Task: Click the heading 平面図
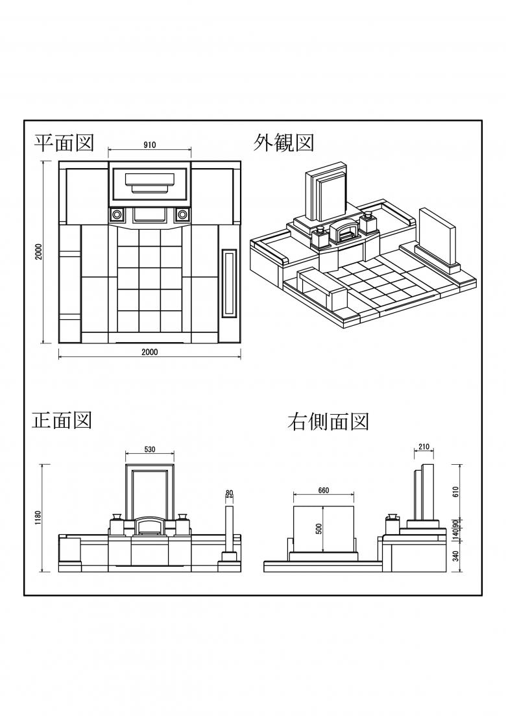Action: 64,142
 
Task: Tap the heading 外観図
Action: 283,142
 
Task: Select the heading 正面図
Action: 62,421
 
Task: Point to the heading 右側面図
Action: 328,422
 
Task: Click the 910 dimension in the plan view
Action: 150,145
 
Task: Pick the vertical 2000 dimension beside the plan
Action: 39,252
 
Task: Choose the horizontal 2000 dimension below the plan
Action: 150,352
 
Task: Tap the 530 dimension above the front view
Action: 149,449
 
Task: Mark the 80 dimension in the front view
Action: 229,493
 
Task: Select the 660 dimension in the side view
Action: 324,491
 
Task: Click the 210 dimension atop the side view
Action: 424,447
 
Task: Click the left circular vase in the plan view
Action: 117,214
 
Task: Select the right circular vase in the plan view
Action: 183,214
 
